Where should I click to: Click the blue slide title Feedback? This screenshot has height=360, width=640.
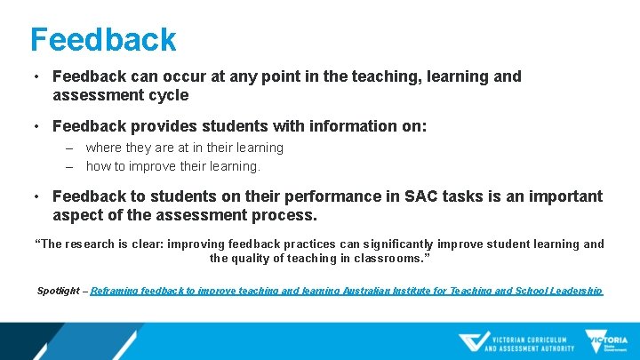coord(103,39)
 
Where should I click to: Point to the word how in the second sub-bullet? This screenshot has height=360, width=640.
coord(98,166)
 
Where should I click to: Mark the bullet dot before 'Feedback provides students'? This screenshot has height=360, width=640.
coord(37,127)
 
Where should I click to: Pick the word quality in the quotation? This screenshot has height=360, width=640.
coord(254,259)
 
